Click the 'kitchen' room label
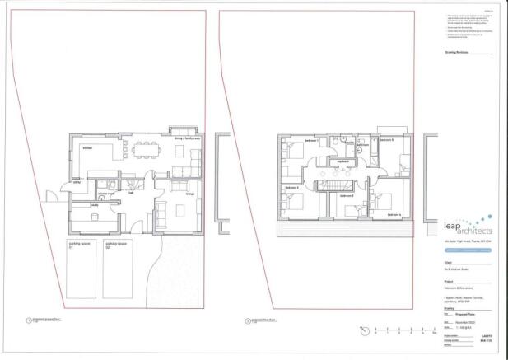click(87, 148)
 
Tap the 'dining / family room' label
click(192, 139)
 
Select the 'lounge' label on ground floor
click(190, 194)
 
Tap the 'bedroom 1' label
click(312, 143)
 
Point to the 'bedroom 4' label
click(394, 214)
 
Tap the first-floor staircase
click(337, 188)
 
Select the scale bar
click(404, 333)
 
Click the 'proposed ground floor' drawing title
click(46, 320)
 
